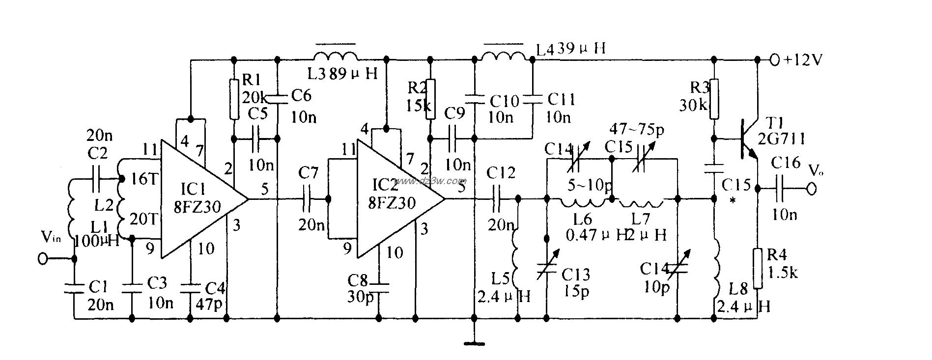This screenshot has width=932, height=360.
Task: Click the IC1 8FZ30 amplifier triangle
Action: [x=197, y=199]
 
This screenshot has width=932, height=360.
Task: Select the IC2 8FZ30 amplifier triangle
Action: [x=393, y=199]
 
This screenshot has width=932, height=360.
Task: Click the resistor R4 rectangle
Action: [x=757, y=268]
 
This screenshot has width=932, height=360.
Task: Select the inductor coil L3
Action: [x=335, y=55]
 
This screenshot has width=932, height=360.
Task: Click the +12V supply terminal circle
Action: [x=775, y=60]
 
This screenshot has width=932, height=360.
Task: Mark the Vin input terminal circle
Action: [x=43, y=259]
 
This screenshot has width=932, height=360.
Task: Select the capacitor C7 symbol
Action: [x=308, y=199]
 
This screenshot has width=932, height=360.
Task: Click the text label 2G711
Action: [x=782, y=139]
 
